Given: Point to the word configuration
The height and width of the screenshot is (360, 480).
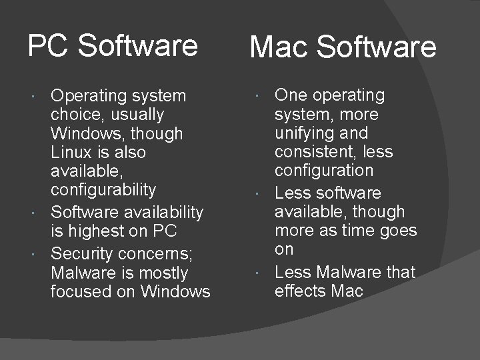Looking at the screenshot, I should [x=324, y=170].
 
